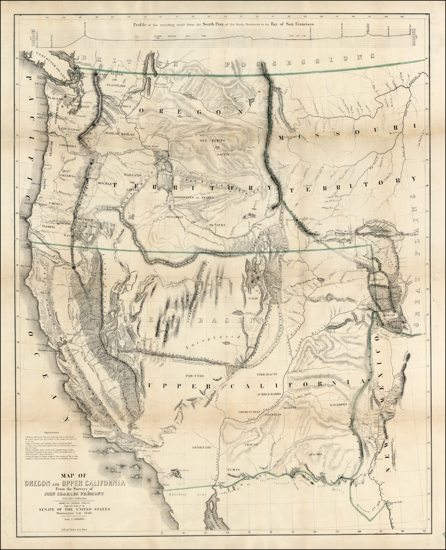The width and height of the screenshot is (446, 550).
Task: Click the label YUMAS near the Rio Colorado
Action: (x=234, y=470)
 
